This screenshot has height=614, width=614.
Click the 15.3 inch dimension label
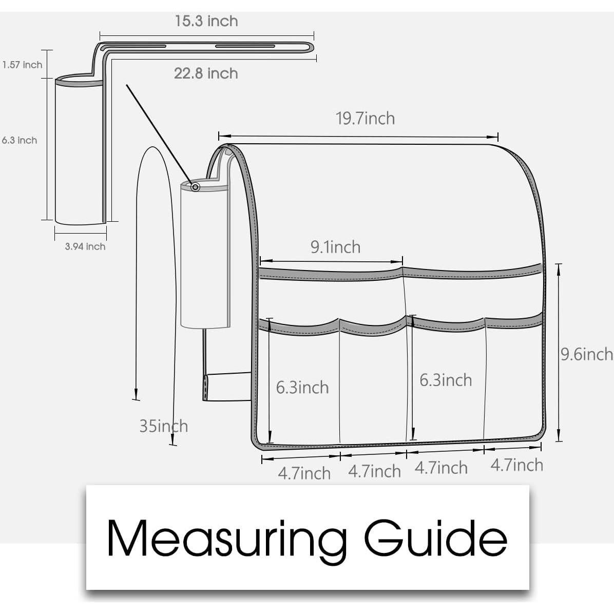pyautogui.click(x=206, y=21)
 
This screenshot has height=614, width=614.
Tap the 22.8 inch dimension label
pyautogui.click(x=206, y=73)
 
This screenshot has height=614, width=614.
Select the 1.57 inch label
pyautogui.click(x=22, y=65)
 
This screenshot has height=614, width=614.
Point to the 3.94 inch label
pyautogui.click(x=85, y=246)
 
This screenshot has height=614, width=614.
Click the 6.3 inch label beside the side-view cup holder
pyautogui.click(x=20, y=140)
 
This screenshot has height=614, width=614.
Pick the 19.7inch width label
pyautogui.click(x=366, y=118)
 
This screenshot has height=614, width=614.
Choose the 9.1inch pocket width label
pyautogui.click(x=336, y=247)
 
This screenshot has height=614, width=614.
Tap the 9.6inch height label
pyautogui.click(x=587, y=354)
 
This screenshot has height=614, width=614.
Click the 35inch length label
pyautogui.click(x=164, y=426)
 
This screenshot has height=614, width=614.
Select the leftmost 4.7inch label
pyautogui.click(x=304, y=473)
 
